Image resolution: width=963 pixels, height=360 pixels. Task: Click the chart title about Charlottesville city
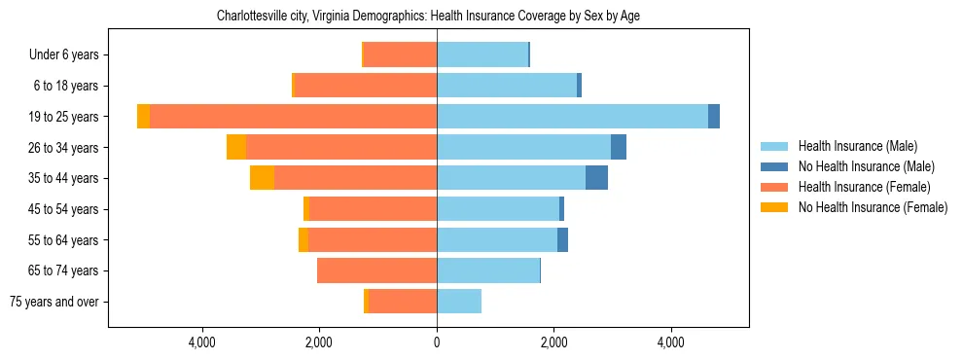[x=428, y=16]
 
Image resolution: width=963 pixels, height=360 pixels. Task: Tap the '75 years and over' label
[x=53, y=302]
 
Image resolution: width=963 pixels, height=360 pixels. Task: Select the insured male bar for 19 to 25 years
[x=572, y=117]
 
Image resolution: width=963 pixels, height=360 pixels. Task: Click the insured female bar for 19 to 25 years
[x=293, y=117]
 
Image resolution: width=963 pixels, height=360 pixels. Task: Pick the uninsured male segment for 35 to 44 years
[x=596, y=178]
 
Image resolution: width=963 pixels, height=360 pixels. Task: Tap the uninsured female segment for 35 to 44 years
[x=262, y=178]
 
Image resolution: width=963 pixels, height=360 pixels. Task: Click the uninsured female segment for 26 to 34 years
[x=236, y=147]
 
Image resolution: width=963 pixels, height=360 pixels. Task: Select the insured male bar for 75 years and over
[x=459, y=302]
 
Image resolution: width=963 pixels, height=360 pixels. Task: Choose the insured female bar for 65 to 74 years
[x=376, y=270]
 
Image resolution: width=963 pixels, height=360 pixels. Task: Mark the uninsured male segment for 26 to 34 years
[x=619, y=147]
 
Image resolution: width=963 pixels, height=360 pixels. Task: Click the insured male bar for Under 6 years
[x=482, y=54]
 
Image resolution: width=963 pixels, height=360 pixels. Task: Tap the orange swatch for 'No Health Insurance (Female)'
[x=774, y=207]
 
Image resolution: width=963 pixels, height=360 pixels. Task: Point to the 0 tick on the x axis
[x=437, y=342]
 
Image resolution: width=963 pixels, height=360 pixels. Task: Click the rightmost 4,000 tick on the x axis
[x=671, y=342]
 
